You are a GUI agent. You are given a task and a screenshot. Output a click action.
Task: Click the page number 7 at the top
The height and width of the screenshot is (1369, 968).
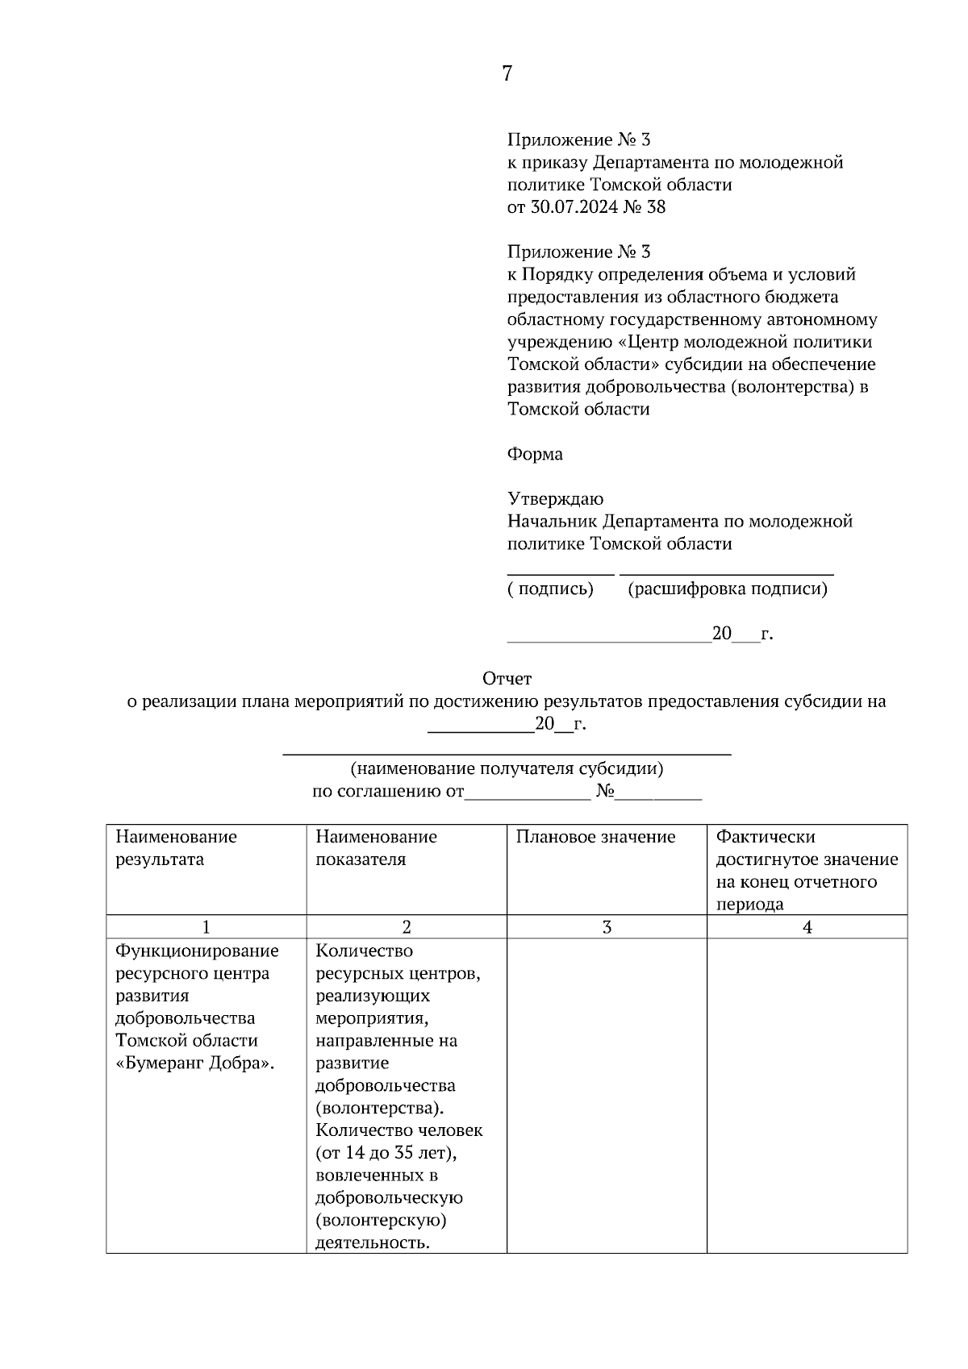507,73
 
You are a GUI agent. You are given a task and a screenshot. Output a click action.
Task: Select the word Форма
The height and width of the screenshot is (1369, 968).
535,454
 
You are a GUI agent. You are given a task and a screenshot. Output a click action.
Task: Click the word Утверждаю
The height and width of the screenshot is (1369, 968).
555,499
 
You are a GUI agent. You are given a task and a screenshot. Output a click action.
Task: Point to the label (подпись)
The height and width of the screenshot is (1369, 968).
550,589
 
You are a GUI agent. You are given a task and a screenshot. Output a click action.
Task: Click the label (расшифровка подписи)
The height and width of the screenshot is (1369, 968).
727,589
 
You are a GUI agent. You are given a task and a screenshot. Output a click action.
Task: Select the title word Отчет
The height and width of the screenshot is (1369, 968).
507,679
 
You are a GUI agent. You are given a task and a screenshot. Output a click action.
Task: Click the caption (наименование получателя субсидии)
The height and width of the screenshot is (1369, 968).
507,768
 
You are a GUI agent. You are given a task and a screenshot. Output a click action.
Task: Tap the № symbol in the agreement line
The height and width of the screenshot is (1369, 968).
606,792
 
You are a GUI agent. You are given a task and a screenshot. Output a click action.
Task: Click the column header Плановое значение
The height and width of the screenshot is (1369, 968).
595,837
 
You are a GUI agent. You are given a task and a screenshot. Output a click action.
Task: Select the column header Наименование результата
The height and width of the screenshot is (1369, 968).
176,847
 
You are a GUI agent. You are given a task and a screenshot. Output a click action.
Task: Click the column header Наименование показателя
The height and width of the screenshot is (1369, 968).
376,847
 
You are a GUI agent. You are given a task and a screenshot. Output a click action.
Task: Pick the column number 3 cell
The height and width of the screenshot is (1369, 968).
607,927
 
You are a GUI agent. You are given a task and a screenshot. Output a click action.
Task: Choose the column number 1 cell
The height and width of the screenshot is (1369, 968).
207,927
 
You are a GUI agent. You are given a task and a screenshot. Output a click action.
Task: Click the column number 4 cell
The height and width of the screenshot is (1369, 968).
807,927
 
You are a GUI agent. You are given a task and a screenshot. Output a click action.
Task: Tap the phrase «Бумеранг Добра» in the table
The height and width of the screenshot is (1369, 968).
195,1063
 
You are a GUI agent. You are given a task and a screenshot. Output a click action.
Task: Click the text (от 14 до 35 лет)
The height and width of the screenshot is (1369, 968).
386,1152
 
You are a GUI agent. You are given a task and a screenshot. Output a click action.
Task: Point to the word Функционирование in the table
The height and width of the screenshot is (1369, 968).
197,951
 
